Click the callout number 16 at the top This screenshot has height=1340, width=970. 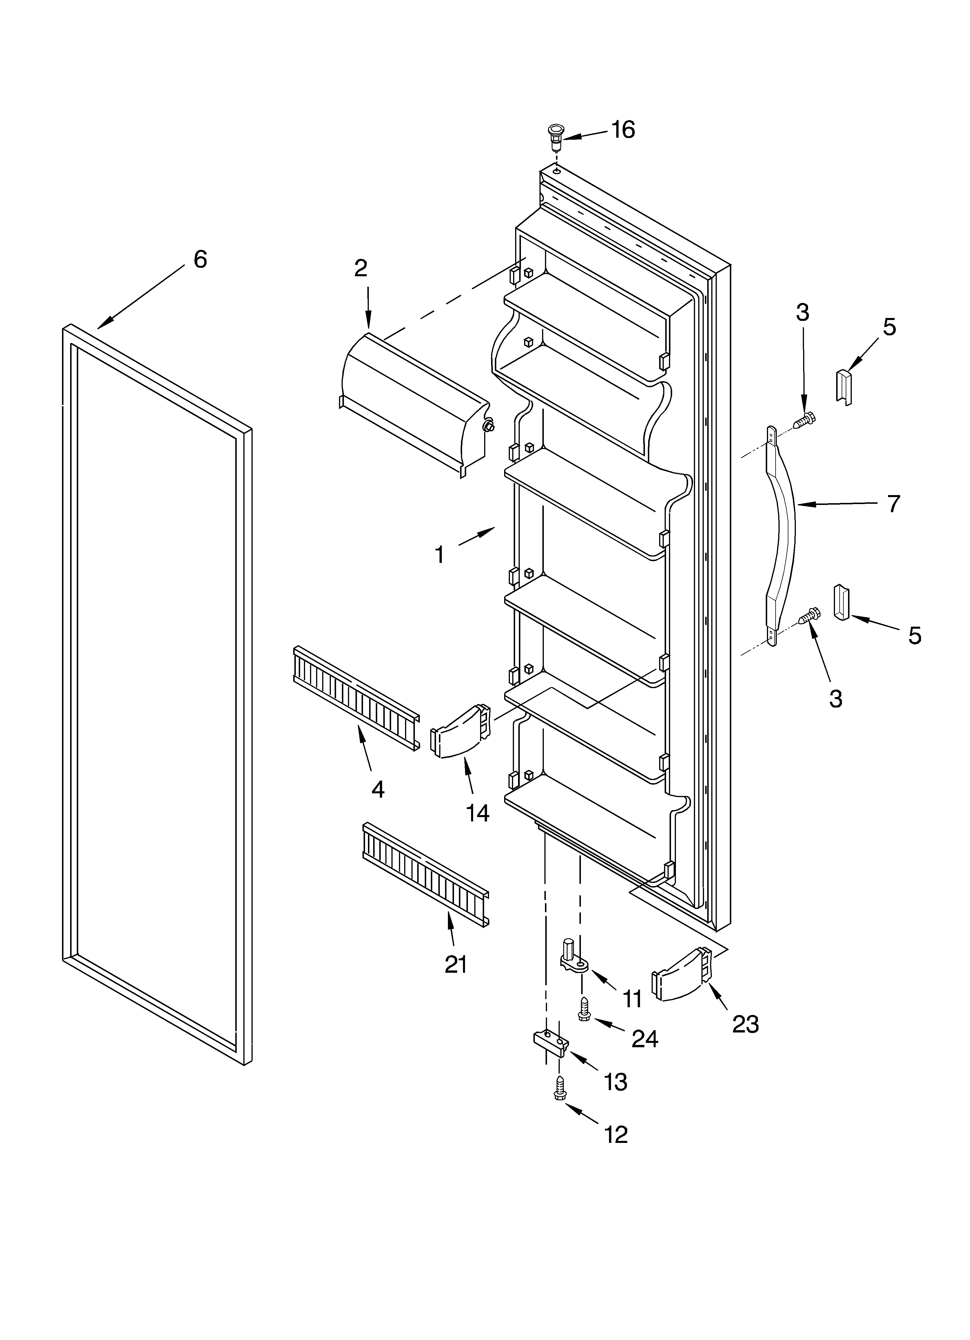(623, 129)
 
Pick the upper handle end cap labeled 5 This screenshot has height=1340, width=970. (844, 386)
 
